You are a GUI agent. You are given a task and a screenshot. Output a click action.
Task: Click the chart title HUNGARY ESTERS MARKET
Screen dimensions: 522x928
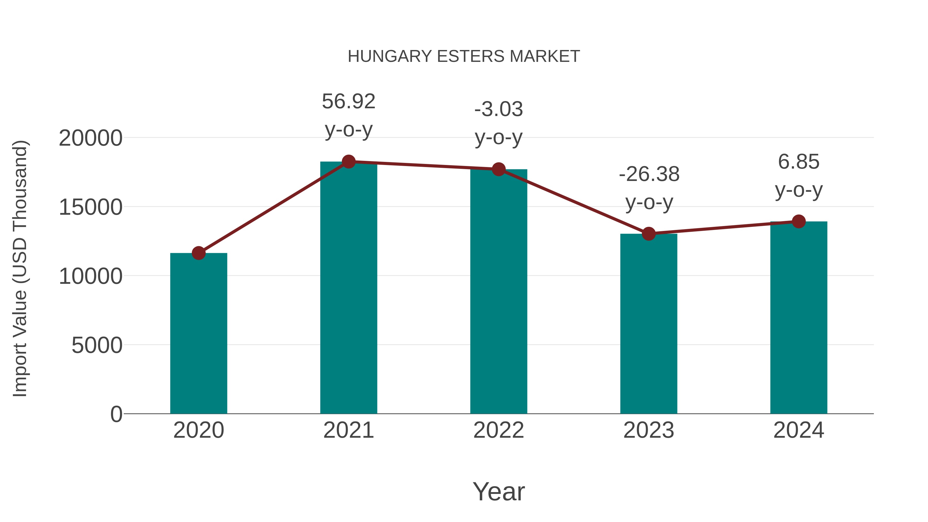pos(464,56)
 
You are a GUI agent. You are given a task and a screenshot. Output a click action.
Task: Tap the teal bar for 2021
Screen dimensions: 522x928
pos(348,288)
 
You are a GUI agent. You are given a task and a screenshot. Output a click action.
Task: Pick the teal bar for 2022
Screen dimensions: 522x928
pos(499,292)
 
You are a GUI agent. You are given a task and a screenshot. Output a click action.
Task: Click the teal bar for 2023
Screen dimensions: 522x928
pos(649,324)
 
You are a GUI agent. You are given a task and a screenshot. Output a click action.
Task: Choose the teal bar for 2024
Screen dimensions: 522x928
pos(799,317)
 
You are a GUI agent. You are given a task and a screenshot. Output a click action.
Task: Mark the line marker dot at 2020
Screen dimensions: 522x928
pos(198,253)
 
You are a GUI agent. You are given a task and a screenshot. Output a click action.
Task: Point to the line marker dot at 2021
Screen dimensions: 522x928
pos(348,162)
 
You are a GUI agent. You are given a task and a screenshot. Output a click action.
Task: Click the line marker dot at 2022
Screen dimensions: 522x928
pos(499,169)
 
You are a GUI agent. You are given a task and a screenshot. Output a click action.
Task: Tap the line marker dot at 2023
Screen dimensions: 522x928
pos(649,234)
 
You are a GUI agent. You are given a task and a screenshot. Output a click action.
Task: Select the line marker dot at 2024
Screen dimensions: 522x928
pos(799,221)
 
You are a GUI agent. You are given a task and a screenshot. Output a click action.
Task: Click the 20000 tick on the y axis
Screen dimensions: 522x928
pos(90,138)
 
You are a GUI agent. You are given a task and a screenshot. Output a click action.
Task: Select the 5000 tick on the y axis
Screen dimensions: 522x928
pos(97,345)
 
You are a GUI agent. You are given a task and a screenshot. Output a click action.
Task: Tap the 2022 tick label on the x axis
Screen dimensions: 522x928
pos(499,430)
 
